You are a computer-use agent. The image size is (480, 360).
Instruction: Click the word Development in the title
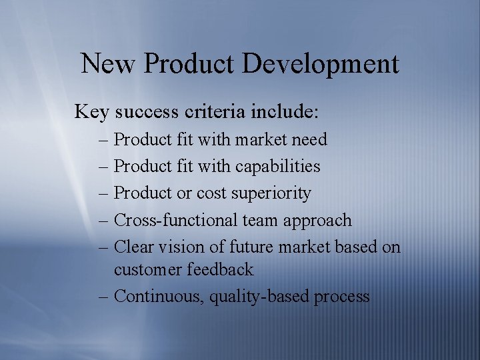click(321, 65)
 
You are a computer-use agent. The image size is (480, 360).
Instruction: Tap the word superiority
click(271, 193)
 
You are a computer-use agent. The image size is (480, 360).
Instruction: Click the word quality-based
click(251, 297)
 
